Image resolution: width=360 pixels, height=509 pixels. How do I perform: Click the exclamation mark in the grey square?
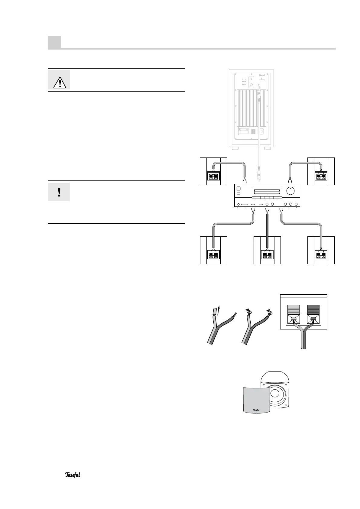tap(59, 192)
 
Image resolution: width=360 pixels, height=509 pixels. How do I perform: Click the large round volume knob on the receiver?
tap(290, 191)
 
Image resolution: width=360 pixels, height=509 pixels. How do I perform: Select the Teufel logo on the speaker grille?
tap(256, 410)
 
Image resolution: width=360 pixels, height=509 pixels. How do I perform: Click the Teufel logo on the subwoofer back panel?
tap(264, 75)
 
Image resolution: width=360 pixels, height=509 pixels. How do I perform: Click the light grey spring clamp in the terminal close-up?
tap(293, 314)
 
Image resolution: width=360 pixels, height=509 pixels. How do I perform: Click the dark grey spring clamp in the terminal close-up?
tap(313, 314)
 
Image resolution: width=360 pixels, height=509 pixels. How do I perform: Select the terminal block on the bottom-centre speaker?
tap(267, 255)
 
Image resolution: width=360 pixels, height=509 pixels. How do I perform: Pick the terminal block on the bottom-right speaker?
tap(321, 255)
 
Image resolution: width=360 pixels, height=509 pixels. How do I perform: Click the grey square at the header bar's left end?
tap(54, 42)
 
